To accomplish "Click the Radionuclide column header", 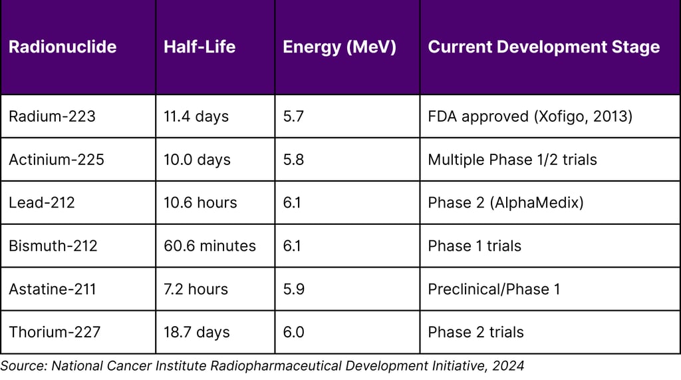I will [x=63, y=47].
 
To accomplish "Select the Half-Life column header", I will [x=199, y=47].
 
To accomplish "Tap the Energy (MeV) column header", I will [x=339, y=47].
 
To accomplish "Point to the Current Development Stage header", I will [x=543, y=47].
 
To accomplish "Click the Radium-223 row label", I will [x=52, y=116].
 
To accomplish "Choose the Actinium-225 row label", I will [x=57, y=160].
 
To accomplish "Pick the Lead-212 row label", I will [x=42, y=202].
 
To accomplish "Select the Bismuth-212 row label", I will [x=53, y=246].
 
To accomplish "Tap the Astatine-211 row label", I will [x=53, y=289].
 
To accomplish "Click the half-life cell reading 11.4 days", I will [x=196, y=116].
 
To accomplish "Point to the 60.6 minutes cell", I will [x=209, y=246].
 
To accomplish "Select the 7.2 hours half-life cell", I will [x=196, y=289].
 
